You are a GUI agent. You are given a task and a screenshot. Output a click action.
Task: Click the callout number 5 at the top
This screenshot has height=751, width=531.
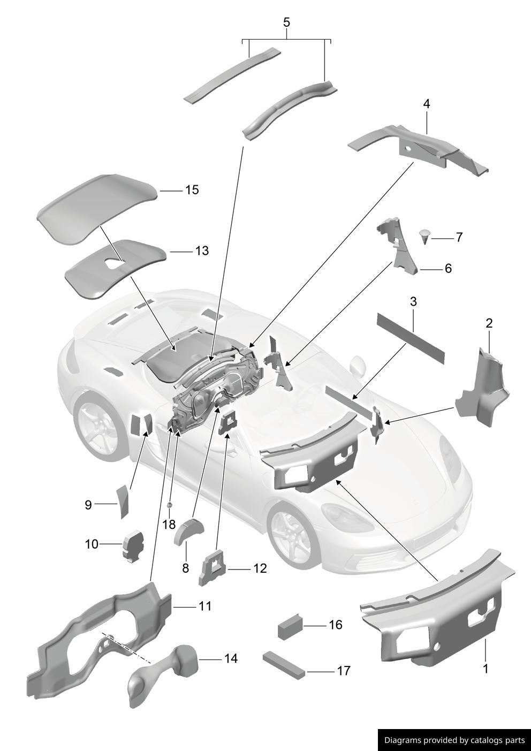click(286, 22)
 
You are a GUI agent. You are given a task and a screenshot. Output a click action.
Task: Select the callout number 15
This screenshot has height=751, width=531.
click(192, 190)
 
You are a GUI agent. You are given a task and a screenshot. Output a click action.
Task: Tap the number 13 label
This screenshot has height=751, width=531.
click(201, 251)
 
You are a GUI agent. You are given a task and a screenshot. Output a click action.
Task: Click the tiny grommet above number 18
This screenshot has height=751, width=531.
click(169, 505)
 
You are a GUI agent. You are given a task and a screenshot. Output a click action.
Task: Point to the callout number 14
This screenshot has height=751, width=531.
click(231, 658)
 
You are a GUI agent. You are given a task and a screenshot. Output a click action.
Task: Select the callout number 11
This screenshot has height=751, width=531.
click(205, 606)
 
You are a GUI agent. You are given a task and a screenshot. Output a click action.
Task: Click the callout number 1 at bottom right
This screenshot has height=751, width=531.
click(486, 669)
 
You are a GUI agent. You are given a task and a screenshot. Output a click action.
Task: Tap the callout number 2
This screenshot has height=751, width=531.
click(489, 323)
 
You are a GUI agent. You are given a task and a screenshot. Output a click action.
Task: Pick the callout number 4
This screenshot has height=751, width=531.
click(427, 103)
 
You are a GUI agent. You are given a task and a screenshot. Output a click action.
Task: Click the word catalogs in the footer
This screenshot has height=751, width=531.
click(487, 740)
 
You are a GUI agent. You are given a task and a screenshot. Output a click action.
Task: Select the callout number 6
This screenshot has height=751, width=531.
click(448, 268)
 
